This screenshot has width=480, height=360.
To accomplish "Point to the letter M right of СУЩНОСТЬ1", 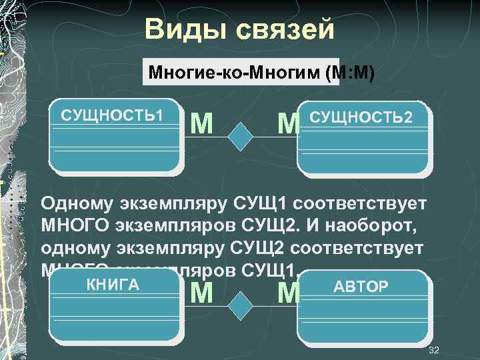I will click(x=202, y=122).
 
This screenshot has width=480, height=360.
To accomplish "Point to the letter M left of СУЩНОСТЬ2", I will click(x=289, y=123).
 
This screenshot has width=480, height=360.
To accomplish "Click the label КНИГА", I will click(x=113, y=285).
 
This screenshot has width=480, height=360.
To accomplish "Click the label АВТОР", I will click(x=360, y=287).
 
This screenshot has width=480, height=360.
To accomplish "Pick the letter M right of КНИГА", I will click(x=202, y=293).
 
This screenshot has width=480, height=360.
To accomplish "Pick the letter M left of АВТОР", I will click(x=289, y=293).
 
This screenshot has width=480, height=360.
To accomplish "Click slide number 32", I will click(x=434, y=350).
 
